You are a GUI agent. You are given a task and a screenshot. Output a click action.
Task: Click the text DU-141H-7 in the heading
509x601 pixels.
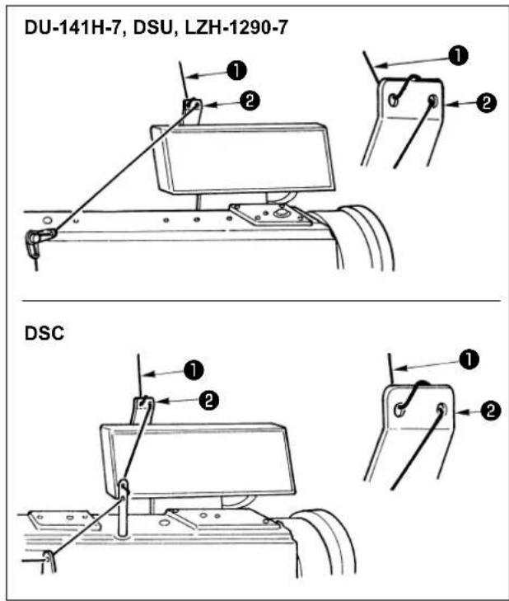pyautogui.click(x=74, y=28)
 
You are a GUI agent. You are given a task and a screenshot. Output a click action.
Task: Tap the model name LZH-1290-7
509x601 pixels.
pyautogui.click(x=236, y=28)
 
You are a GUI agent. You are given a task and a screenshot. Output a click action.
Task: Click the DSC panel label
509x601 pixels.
pyautogui.click(x=44, y=333)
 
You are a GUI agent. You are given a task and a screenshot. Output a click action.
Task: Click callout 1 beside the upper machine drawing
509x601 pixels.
pyautogui.click(x=236, y=71)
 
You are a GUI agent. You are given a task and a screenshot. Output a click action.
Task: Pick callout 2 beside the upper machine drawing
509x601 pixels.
pyautogui.click(x=250, y=101)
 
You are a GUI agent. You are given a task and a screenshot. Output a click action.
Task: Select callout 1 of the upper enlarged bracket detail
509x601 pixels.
pyautogui.click(x=459, y=55)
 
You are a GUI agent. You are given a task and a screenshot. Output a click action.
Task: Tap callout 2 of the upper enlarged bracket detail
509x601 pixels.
pyautogui.click(x=487, y=103)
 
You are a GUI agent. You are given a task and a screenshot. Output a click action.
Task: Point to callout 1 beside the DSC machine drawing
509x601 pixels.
pyautogui.click(x=194, y=370)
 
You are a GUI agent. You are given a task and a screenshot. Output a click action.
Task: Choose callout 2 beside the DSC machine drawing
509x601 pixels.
pyautogui.click(x=208, y=401)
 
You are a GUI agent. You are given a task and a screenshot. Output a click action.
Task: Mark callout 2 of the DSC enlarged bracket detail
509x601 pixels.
pyautogui.click(x=491, y=411)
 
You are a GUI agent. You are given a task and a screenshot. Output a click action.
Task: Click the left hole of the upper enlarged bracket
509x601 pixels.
pyautogui.click(x=393, y=101)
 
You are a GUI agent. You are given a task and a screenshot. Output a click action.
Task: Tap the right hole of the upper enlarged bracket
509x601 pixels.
pyautogui.click(x=432, y=101)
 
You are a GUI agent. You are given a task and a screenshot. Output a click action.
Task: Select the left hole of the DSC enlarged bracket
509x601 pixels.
pyautogui.click(x=399, y=410)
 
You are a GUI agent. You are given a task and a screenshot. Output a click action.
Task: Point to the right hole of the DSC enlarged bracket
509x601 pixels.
pyautogui.click(x=441, y=410)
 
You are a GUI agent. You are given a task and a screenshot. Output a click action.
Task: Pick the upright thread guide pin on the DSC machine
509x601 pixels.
pyautogui.click(x=124, y=507)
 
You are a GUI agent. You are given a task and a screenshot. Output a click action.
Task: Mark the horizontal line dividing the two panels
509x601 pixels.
pyautogui.click(x=261, y=301)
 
